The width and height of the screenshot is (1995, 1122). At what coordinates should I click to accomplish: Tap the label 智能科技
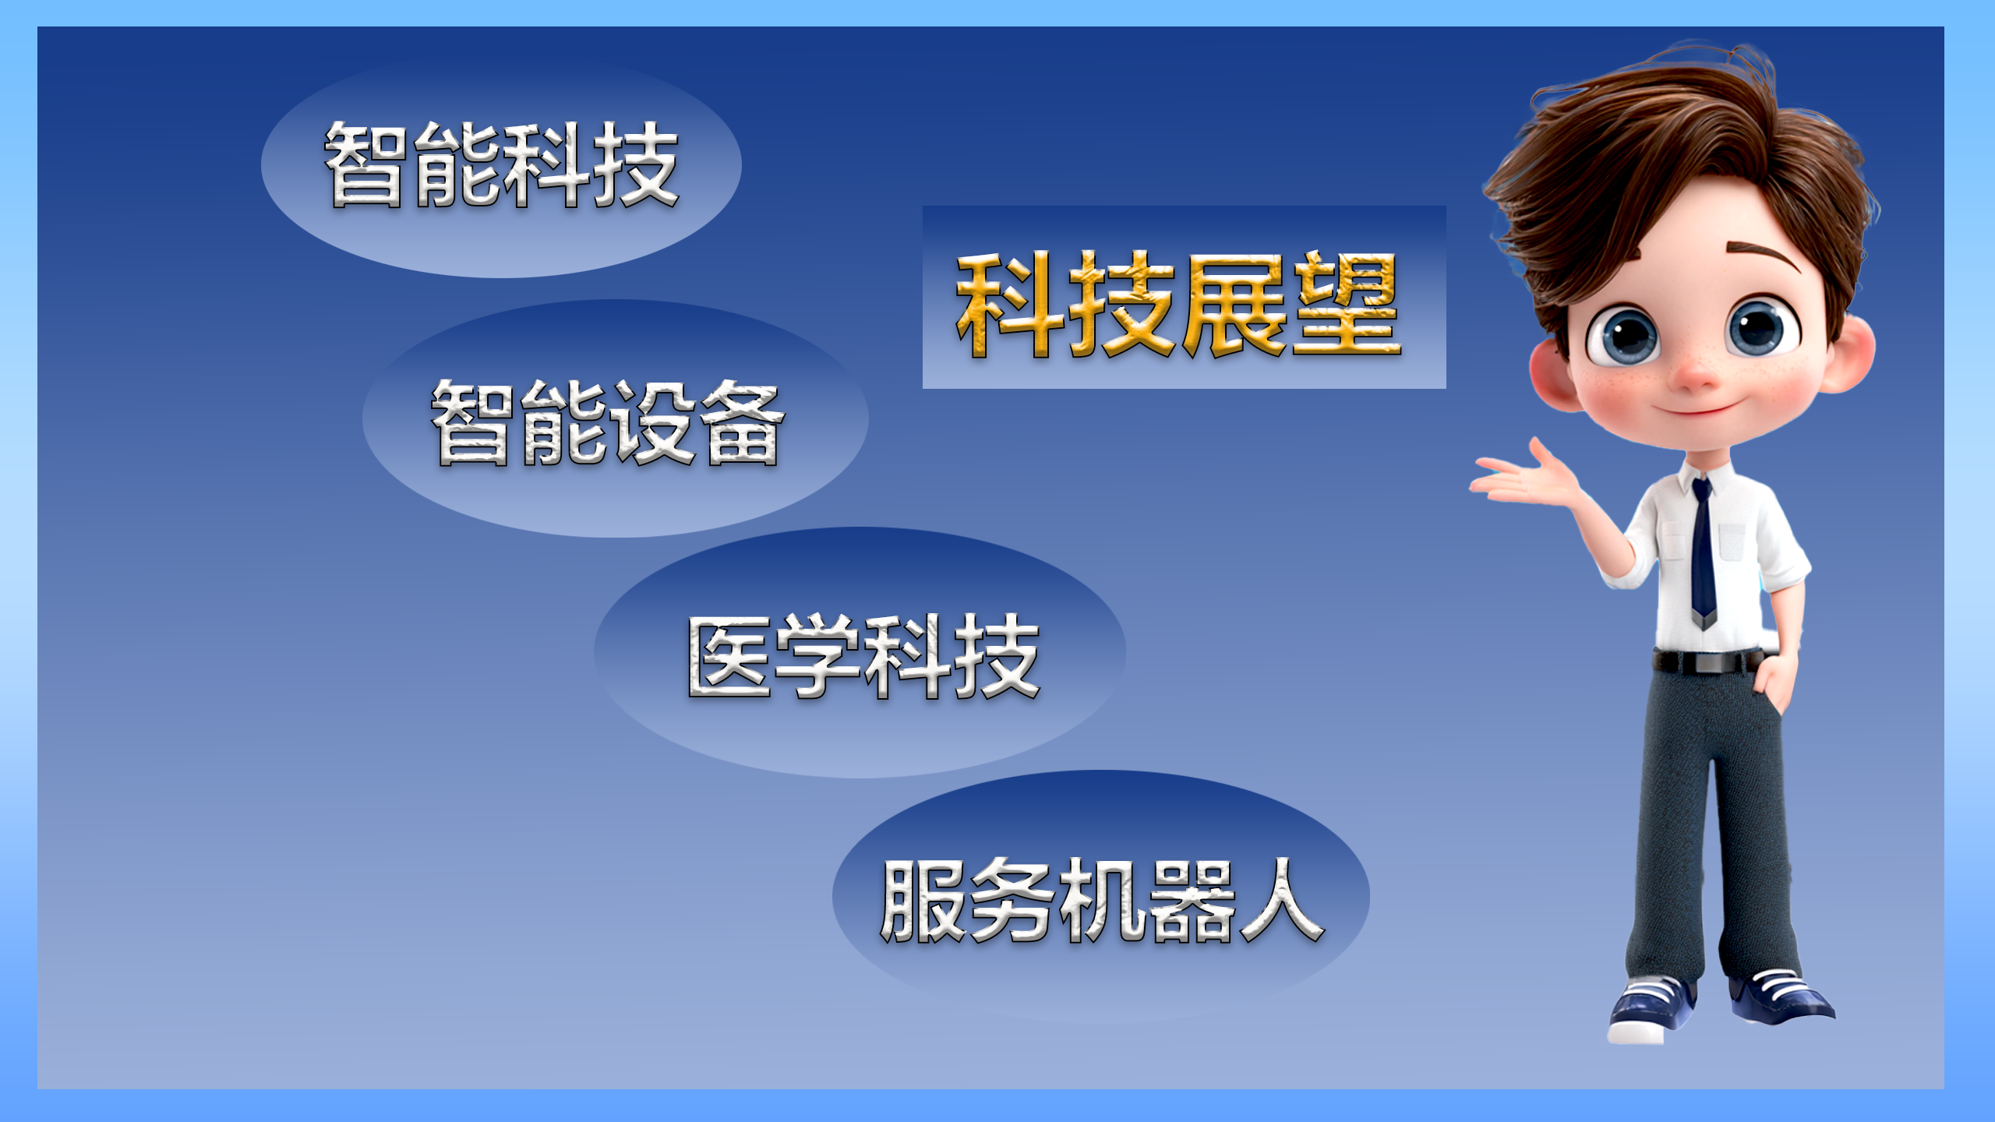click(x=502, y=164)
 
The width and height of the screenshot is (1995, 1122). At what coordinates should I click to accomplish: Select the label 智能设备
click(x=608, y=423)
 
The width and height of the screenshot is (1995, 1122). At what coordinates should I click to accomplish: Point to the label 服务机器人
click(x=1102, y=900)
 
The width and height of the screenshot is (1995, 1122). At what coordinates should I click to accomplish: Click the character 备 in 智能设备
click(x=741, y=423)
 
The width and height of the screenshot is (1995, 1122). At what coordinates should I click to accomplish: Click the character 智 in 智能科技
click(x=367, y=164)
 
